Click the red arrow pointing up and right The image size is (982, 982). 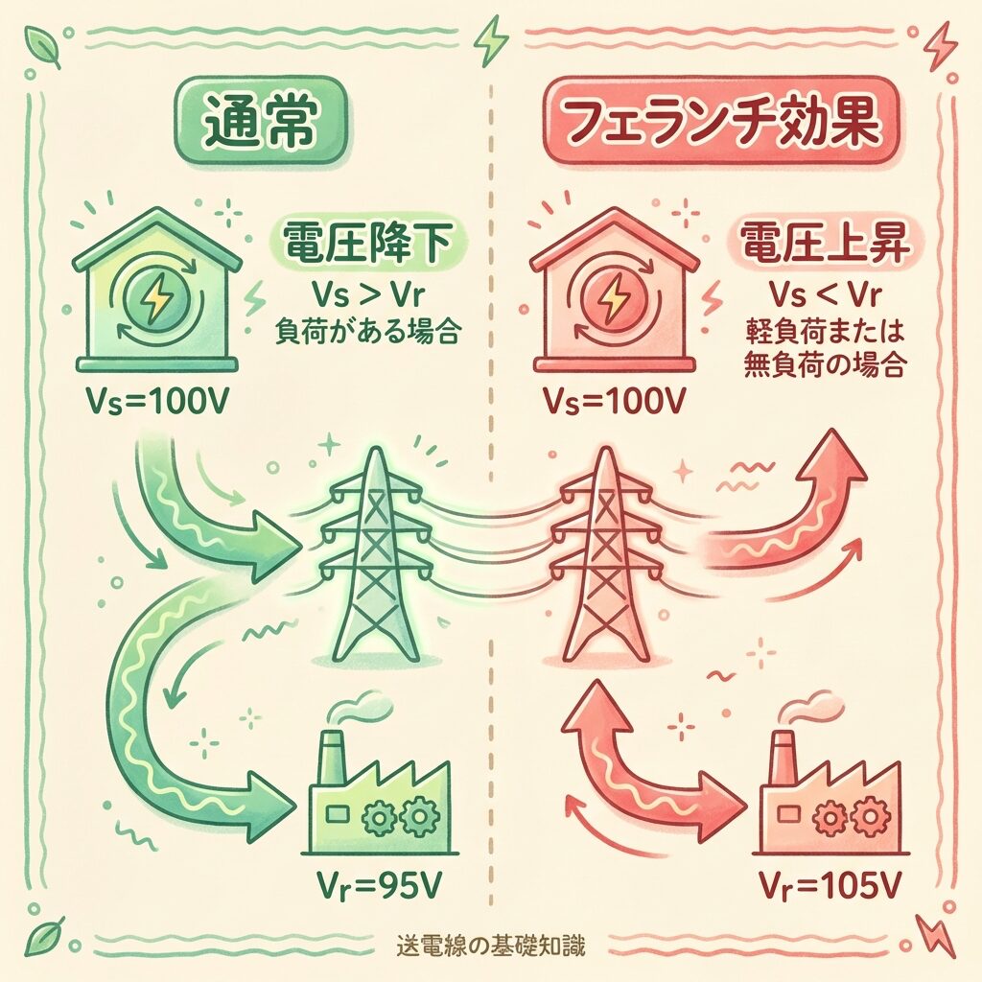pos(786,518)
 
